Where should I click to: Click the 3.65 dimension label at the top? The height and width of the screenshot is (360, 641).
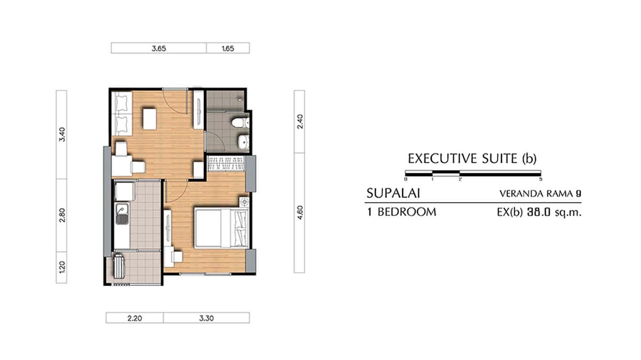[159, 48]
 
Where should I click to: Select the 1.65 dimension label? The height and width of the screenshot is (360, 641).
[228, 48]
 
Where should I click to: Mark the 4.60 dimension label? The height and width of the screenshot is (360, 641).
[299, 212]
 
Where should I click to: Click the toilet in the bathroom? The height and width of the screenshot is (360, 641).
[239, 123]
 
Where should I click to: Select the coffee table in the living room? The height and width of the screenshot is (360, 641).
[150, 119]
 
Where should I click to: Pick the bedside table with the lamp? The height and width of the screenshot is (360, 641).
[244, 202]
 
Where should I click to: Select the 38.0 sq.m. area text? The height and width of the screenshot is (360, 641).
[553, 212]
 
